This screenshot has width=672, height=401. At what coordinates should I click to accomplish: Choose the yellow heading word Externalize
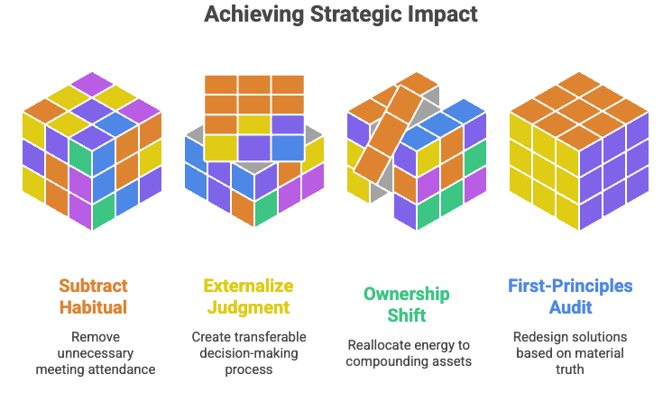[x=248, y=287]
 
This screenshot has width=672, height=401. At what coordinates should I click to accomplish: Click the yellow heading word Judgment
[x=247, y=306]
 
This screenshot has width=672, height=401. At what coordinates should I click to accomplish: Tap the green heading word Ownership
[x=406, y=294]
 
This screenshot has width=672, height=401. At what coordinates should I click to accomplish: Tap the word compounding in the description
[x=389, y=362]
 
